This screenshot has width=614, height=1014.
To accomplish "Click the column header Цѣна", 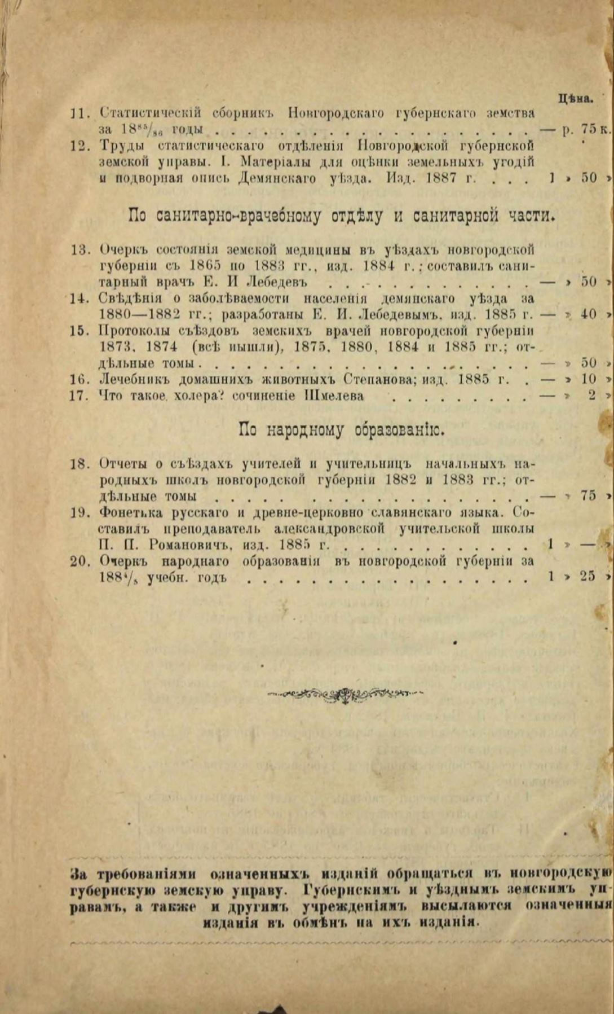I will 575,98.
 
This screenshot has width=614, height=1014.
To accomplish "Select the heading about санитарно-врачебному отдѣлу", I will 342,215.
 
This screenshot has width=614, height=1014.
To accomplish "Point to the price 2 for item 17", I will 591,396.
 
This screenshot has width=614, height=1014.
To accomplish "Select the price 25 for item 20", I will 588,577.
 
